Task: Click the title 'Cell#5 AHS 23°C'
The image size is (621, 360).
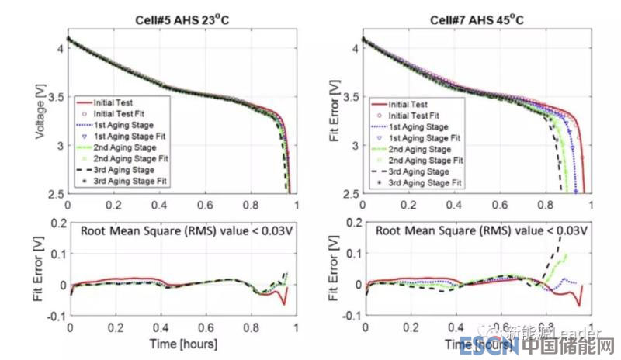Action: pos(182,20)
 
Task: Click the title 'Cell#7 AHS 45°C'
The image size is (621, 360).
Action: pos(477,20)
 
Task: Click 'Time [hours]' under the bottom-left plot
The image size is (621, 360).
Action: pos(182,343)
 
